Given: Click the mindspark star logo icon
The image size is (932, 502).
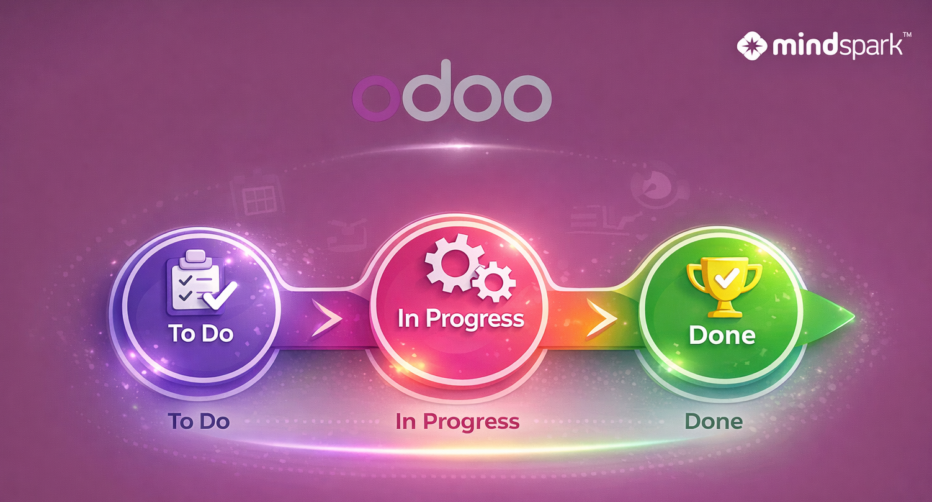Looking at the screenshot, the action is (752, 46).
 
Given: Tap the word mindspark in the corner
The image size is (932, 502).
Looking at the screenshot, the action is (838, 47).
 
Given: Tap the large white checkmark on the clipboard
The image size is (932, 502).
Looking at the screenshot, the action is (220, 295).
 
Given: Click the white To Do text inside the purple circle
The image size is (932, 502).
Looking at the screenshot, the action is (200, 333).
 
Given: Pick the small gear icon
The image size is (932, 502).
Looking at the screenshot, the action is (494, 281).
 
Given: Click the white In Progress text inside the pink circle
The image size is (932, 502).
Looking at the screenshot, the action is (460, 319).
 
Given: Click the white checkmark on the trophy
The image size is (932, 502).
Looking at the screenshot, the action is (727, 278).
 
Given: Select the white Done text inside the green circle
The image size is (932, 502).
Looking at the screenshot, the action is (722, 335).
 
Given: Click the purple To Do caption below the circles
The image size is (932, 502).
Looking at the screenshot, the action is (199, 421).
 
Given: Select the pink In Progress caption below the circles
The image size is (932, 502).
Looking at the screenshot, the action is (457, 422).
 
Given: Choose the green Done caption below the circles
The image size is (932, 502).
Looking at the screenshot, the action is (714, 421).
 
